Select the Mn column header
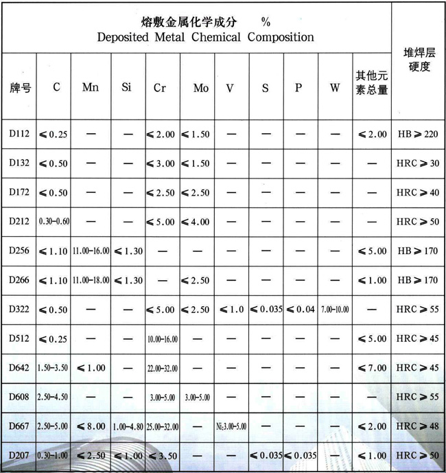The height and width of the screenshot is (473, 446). click(90, 88)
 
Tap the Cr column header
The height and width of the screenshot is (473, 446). click(160, 89)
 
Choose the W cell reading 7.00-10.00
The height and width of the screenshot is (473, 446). click(335, 310)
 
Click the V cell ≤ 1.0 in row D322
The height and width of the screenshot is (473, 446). click(231, 310)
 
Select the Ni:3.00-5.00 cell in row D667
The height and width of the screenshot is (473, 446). click(231, 427)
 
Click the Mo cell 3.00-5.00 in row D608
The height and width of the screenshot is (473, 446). click(200, 397)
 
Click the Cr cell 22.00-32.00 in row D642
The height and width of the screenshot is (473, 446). click(161, 368)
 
